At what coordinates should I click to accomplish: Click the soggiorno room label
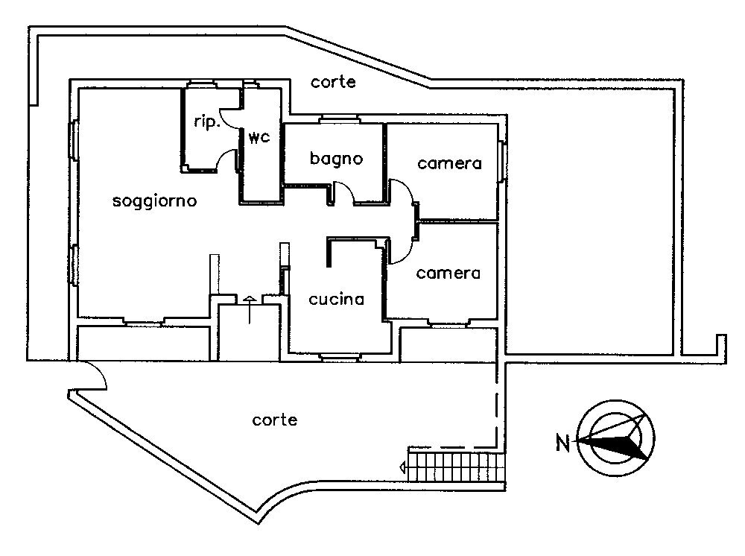tap(154, 201)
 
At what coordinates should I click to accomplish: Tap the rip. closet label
tap(206, 124)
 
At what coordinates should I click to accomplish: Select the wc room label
tap(259, 138)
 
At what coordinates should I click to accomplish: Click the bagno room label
tap(336, 159)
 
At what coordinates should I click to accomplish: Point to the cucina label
tap(336, 300)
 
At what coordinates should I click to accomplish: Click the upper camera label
tap(449, 163)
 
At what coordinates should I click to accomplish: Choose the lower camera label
tap(448, 274)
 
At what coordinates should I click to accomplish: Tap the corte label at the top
tap(333, 83)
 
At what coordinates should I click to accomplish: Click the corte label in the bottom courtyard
tap(275, 420)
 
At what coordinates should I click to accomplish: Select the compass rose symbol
tap(617, 438)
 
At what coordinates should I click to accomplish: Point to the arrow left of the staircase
tap(403, 467)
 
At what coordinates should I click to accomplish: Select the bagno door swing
tap(344, 192)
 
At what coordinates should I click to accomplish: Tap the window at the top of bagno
tap(340, 119)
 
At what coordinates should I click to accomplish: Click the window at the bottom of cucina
tap(340, 356)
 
